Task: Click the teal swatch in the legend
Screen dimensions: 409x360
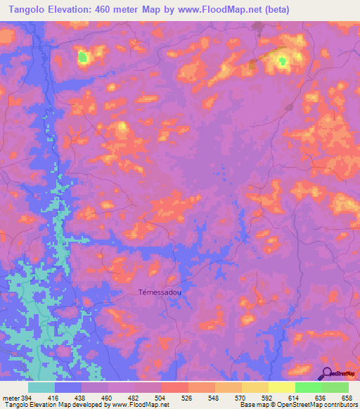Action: [x=41, y=387]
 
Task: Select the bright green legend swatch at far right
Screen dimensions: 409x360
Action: [x=335, y=387]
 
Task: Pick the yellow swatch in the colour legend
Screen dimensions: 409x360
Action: [x=281, y=387]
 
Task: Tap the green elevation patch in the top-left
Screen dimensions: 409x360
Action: [x=83, y=56]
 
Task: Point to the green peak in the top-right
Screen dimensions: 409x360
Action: [x=284, y=63]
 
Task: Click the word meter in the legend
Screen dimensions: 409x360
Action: [x=11, y=397]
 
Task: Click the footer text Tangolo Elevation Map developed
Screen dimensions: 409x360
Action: [x=49, y=405]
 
